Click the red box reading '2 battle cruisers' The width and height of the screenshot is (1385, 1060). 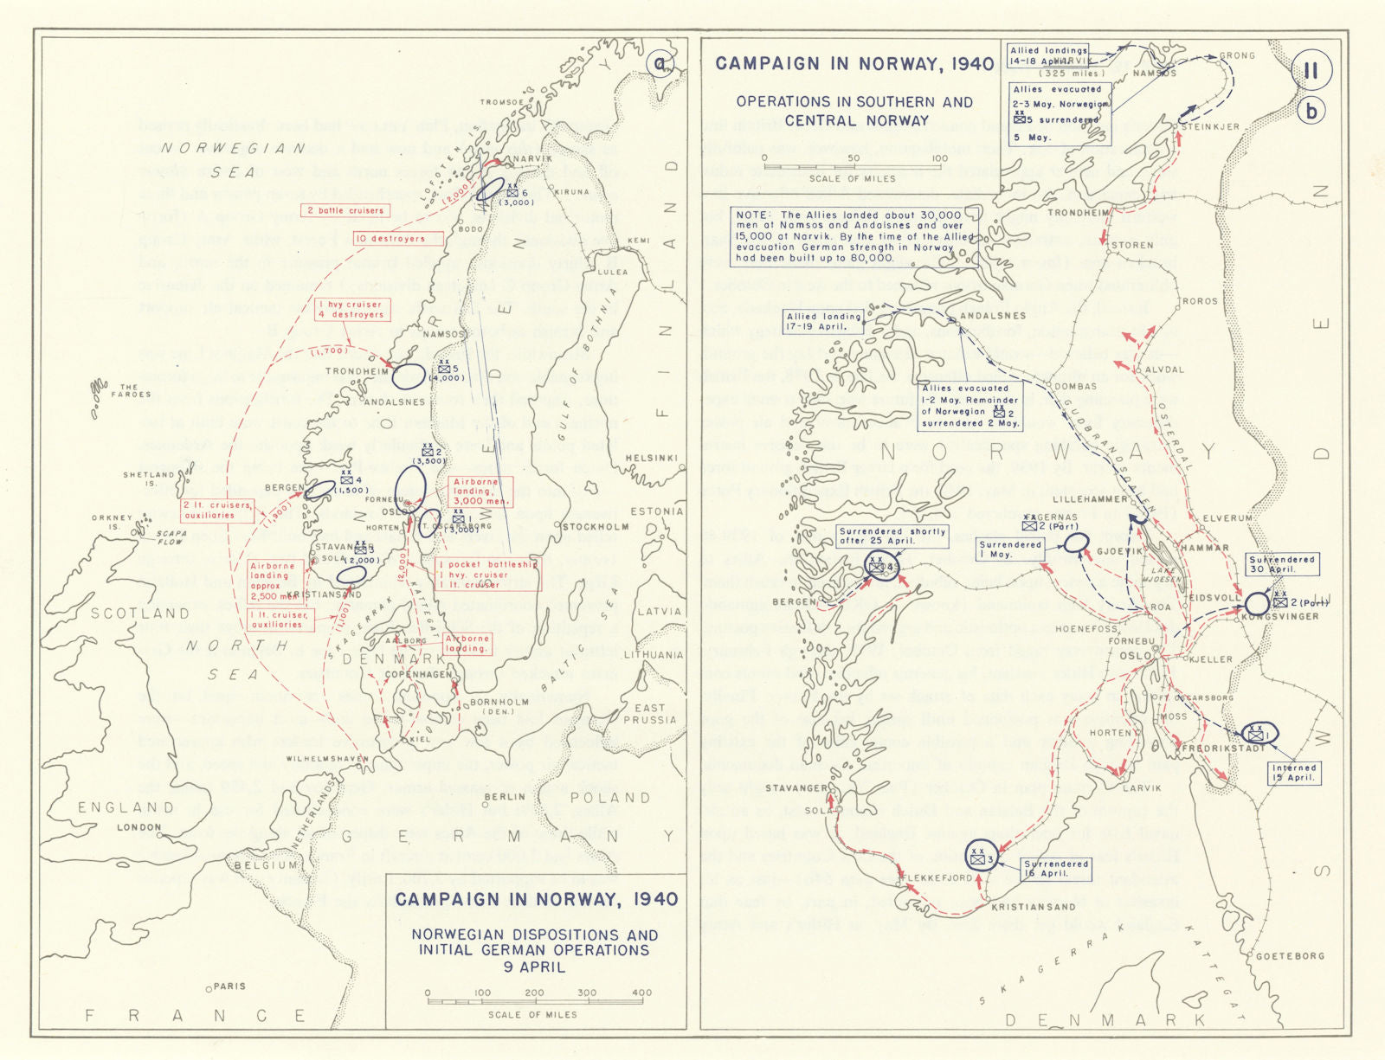[x=345, y=210]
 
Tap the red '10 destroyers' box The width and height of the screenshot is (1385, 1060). [x=397, y=239]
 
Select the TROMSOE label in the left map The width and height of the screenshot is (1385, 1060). [x=502, y=102]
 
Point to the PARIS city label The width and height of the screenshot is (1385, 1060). [x=228, y=986]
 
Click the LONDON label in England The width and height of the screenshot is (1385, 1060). [x=138, y=827]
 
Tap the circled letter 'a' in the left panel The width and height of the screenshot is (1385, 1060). [x=661, y=64]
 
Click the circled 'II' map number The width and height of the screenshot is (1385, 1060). [x=1311, y=71]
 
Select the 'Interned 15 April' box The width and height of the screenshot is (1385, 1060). [x=1294, y=773]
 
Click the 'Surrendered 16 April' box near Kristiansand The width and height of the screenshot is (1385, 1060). [x=1056, y=869]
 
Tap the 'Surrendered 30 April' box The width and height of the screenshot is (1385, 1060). [x=1282, y=564]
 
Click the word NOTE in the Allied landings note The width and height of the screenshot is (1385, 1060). [x=754, y=215]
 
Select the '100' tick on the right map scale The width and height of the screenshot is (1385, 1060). [x=939, y=158]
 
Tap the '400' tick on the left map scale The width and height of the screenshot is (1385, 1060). [x=641, y=993]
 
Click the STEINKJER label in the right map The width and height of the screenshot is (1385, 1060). [x=1210, y=127]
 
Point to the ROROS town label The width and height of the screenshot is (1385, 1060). [x=1200, y=302]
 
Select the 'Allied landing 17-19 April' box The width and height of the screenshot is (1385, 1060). [x=824, y=322]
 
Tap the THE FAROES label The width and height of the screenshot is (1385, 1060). [x=130, y=390]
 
